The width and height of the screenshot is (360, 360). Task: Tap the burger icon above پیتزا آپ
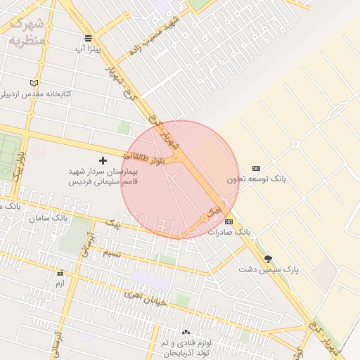(x=87, y=38)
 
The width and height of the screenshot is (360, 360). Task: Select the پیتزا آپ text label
(x=89, y=50)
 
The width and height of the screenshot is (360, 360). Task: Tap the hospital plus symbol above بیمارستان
(x=103, y=160)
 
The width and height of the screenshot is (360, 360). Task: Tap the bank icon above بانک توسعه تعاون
(x=256, y=168)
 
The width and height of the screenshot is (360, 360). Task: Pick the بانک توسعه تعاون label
(x=257, y=179)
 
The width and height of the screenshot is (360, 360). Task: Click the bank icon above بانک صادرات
(x=229, y=221)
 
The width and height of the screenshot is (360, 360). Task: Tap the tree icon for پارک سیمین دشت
(x=268, y=259)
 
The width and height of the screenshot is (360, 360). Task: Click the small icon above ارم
(x=60, y=273)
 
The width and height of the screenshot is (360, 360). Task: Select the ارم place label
(x=60, y=283)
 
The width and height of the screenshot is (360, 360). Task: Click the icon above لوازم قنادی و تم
(x=186, y=332)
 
